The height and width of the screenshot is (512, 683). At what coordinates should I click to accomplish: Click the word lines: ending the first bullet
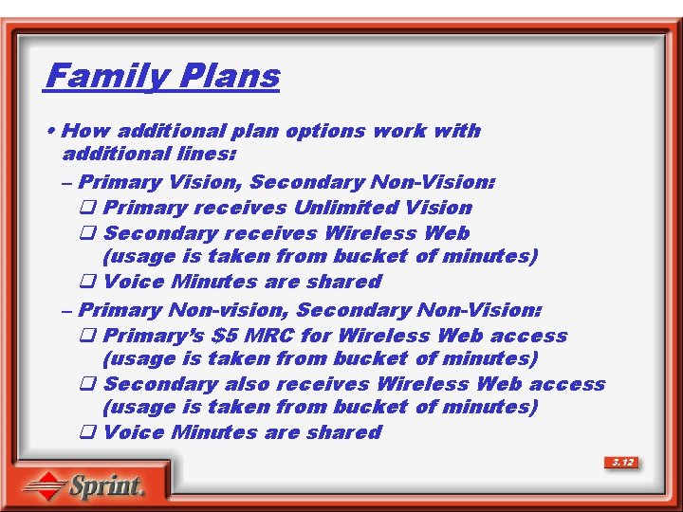[x=208, y=153]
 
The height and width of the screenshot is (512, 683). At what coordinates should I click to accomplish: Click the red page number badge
[x=622, y=463]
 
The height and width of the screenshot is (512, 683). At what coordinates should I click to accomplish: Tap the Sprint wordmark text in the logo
[x=106, y=487]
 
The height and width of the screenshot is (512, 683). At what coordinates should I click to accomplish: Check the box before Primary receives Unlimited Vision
[x=87, y=209]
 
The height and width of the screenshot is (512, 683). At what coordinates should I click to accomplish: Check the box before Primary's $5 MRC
[x=87, y=337]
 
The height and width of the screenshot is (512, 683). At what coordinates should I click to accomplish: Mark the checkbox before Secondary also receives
[x=87, y=385]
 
